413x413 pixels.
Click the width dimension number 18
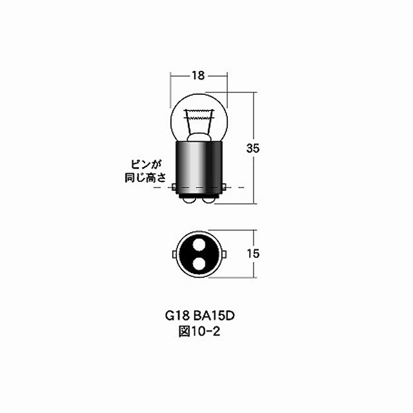[x=198, y=76]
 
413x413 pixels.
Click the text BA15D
[x=214, y=317]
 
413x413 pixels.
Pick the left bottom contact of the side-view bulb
[x=188, y=201]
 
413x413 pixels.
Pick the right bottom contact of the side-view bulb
[x=208, y=201]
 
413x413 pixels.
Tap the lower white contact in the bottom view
[x=198, y=264]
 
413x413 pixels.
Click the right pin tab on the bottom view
[x=224, y=254]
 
